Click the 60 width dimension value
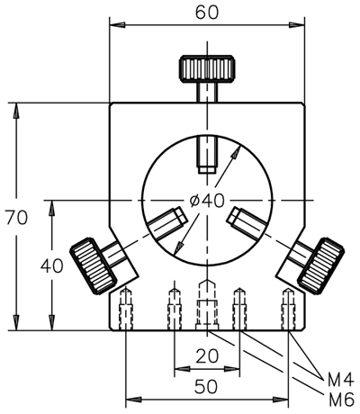tap(207, 13)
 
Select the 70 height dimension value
tap(17, 218)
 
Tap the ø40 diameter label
tap(207, 201)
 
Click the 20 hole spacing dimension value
tap(207, 356)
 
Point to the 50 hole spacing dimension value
tap(206, 386)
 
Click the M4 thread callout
tap(340, 381)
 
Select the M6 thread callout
tap(341, 400)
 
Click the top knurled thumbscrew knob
tap(207, 68)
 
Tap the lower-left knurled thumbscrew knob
tap(93, 265)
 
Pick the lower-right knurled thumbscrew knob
tap(321, 265)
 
